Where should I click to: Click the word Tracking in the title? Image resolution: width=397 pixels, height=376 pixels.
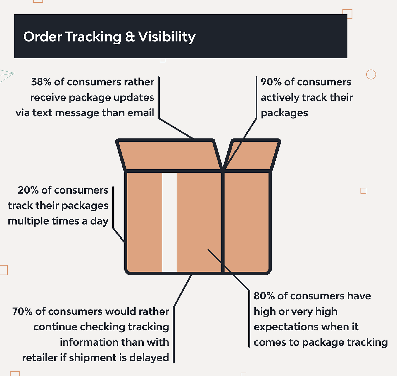coord(93,37)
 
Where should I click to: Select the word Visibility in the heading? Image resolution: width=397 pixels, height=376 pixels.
coord(167,37)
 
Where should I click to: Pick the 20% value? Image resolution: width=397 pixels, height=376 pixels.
coord(28,190)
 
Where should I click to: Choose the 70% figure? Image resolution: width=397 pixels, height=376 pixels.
coord(22,311)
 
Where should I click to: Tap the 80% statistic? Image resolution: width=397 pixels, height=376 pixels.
coord(264,296)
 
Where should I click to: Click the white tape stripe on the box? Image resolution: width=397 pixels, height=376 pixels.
coord(170,222)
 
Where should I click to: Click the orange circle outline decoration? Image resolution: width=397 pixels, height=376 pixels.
coord(371,74)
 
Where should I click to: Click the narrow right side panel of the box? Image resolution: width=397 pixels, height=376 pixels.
coord(246,222)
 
